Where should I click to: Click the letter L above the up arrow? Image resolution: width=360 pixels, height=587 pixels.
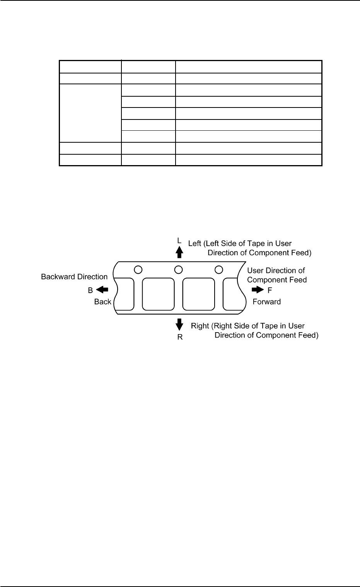(179, 240)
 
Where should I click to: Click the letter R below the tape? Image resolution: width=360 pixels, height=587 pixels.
(180, 337)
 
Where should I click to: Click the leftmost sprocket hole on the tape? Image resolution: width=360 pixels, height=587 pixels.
(137, 269)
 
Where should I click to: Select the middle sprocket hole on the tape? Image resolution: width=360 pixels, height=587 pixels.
(178, 269)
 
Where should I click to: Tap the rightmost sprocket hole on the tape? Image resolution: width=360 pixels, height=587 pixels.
(218, 269)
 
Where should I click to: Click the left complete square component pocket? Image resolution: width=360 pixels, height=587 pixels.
(158, 294)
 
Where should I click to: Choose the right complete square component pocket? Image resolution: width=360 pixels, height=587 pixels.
(198, 294)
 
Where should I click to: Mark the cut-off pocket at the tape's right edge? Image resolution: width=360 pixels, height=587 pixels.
(232, 294)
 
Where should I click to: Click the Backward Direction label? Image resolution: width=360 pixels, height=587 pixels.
(74, 277)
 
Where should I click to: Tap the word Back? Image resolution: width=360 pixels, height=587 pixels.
(102, 302)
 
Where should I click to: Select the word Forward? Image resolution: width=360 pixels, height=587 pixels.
(266, 302)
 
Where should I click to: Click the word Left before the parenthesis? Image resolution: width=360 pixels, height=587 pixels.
(195, 244)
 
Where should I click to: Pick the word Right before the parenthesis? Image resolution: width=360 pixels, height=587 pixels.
(200, 326)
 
